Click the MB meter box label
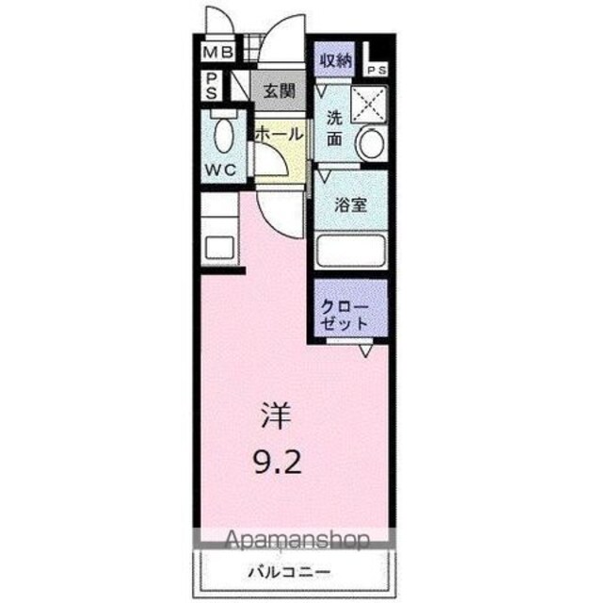(x=217, y=52)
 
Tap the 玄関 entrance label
(x=280, y=91)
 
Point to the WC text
(x=220, y=170)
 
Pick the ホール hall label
(x=279, y=135)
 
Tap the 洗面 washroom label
(x=334, y=128)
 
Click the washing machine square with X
(x=369, y=105)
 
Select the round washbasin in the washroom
(x=371, y=143)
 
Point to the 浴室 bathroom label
(x=350, y=204)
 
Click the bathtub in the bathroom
(x=350, y=251)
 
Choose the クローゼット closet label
(x=345, y=317)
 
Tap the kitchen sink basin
(x=219, y=248)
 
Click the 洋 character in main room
(x=276, y=416)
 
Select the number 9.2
(x=277, y=462)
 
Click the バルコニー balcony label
(x=289, y=572)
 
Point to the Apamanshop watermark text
(x=297, y=541)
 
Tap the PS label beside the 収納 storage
(x=377, y=71)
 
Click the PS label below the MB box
(x=212, y=87)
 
